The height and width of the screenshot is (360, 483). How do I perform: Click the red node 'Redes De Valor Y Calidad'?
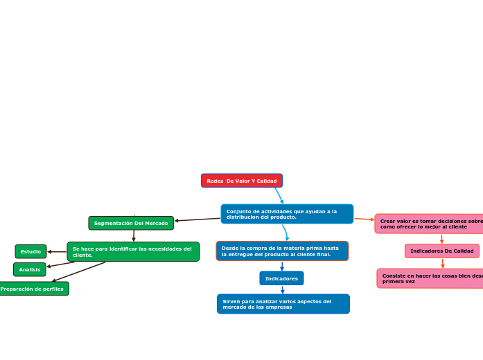241,181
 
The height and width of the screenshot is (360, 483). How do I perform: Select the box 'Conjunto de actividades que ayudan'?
287,214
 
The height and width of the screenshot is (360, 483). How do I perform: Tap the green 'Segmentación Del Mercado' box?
131,223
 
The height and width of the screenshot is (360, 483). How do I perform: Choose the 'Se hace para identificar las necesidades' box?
133,251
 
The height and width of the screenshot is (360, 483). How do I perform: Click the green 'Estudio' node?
30,251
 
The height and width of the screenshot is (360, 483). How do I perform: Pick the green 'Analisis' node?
30,269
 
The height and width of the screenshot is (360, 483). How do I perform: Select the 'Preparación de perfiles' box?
33,289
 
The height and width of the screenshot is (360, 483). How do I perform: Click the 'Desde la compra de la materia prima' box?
282,251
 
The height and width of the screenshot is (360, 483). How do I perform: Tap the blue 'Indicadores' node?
281,278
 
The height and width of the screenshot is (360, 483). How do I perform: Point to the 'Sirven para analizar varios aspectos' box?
283,304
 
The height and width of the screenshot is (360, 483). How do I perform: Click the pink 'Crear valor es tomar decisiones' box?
430,224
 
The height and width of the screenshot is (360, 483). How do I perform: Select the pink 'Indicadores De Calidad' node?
441,251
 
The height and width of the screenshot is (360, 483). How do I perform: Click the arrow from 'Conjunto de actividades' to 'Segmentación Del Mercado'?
197,219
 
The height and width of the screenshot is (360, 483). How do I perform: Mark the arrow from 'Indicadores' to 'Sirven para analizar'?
282,289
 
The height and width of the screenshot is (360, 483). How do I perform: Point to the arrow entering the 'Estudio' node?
57,251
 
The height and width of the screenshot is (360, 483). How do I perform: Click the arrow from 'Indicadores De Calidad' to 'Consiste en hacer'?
442,263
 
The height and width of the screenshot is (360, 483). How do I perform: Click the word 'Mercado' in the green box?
155,224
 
